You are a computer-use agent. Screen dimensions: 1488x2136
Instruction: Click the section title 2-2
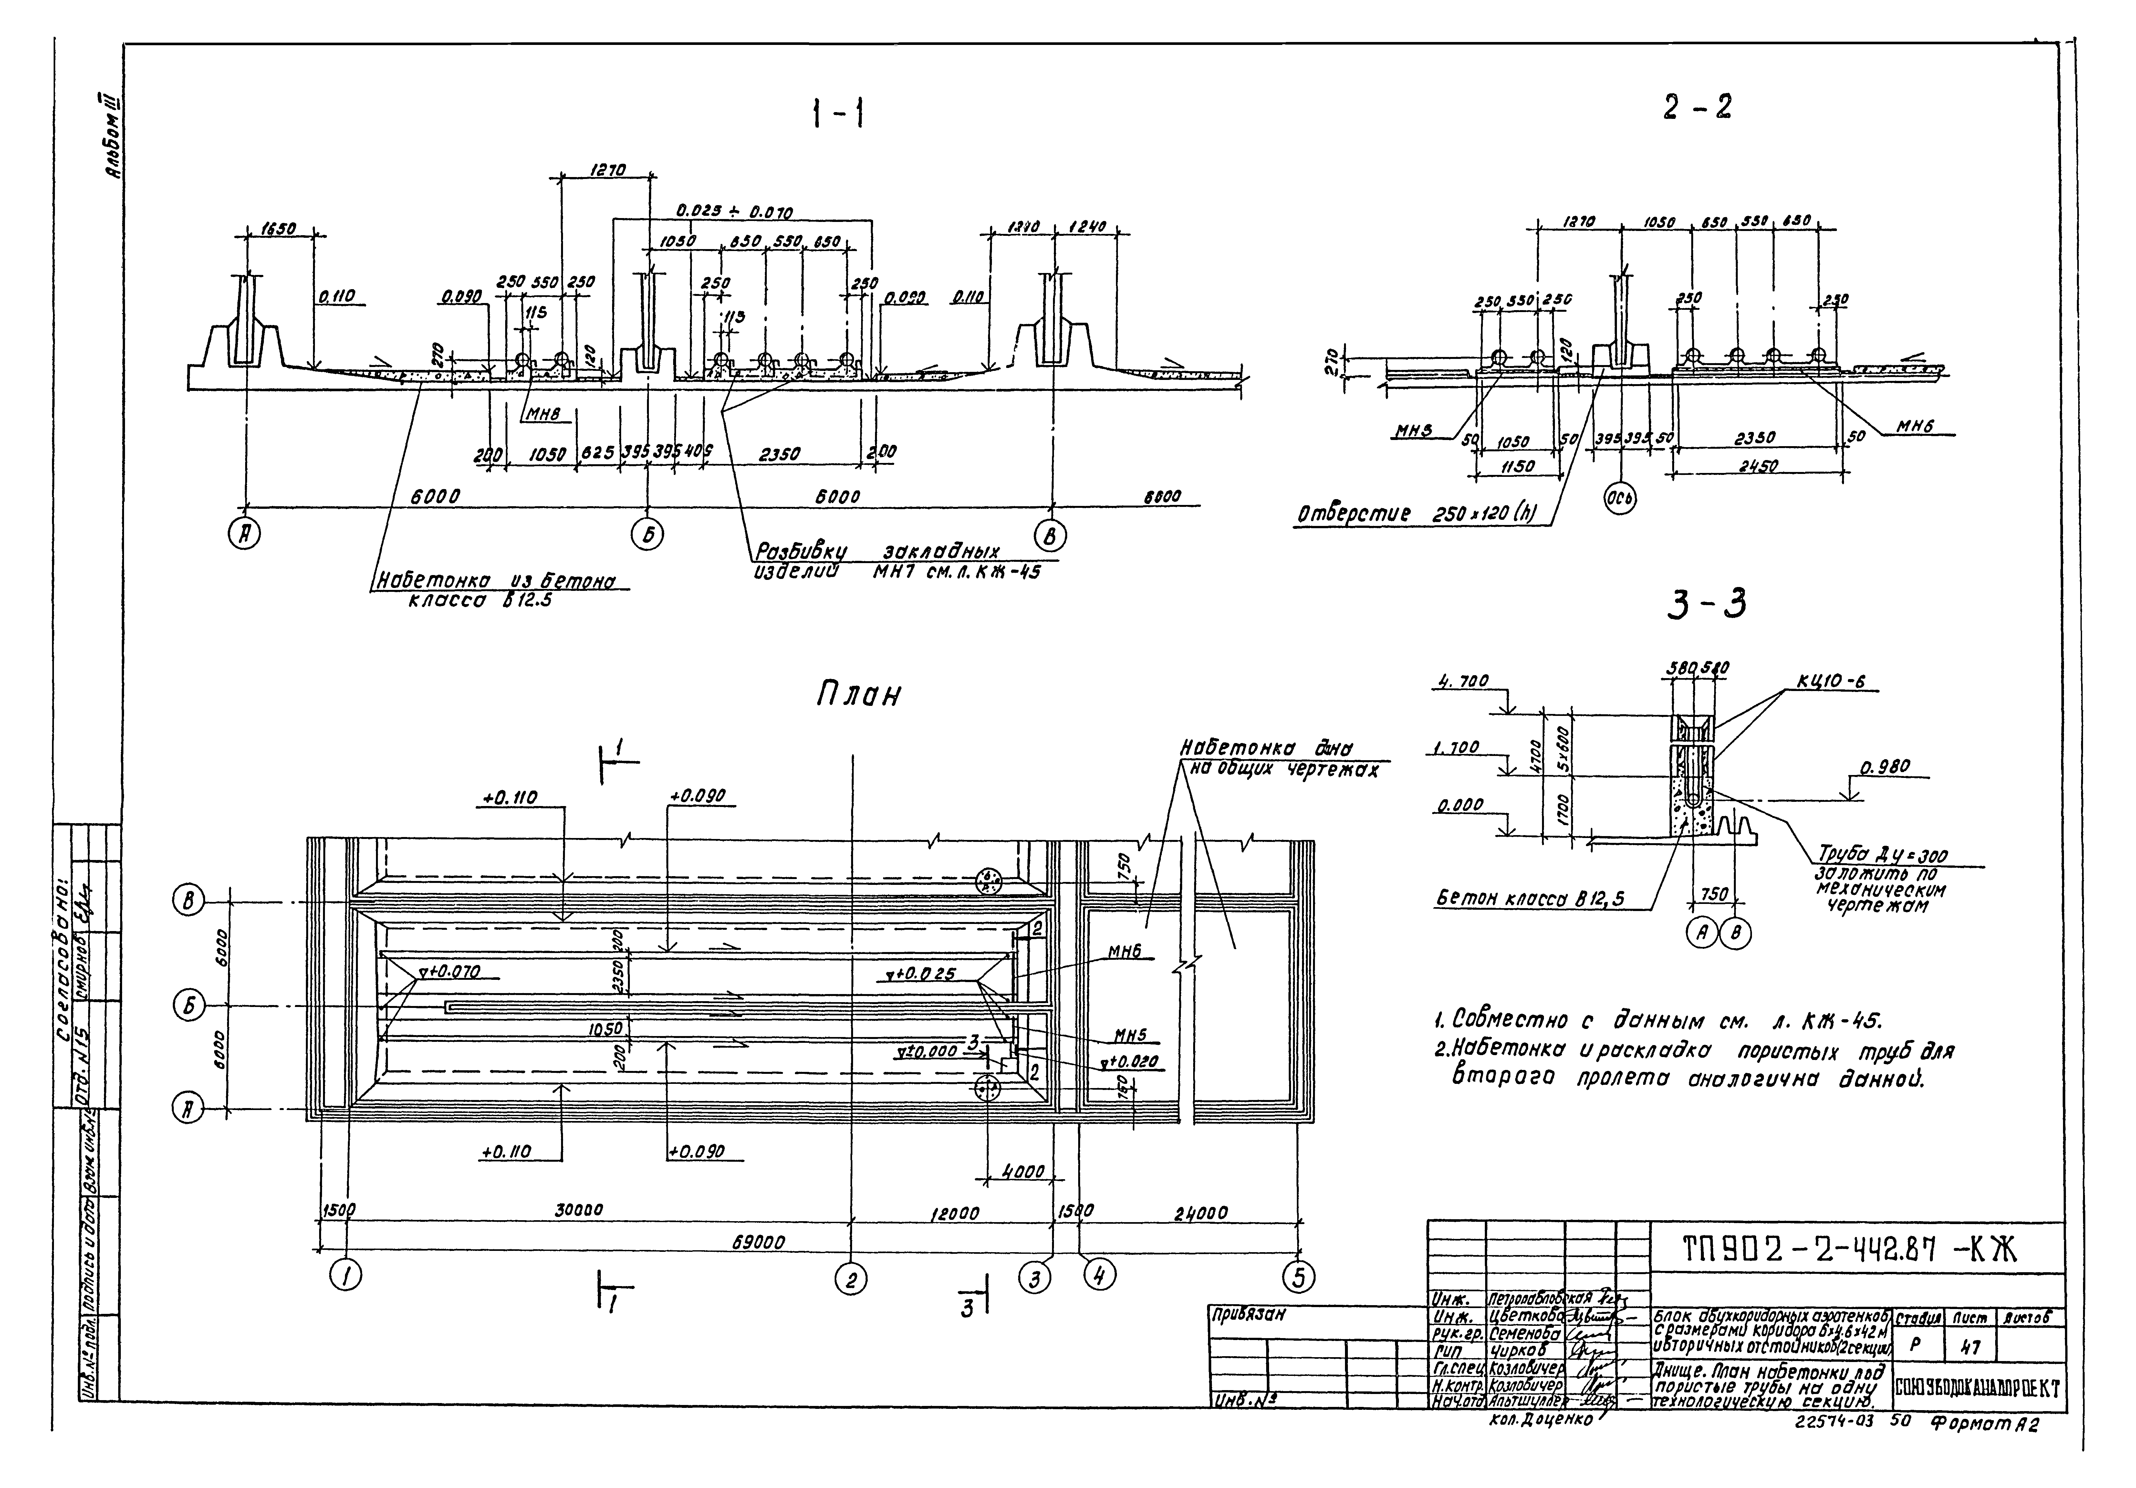[1697, 108]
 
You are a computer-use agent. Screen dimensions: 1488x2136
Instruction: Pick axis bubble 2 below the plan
[849, 1282]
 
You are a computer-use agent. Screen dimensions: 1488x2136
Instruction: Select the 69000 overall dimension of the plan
[758, 1242]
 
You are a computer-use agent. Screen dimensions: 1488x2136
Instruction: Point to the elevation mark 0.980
[1884, 768]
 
